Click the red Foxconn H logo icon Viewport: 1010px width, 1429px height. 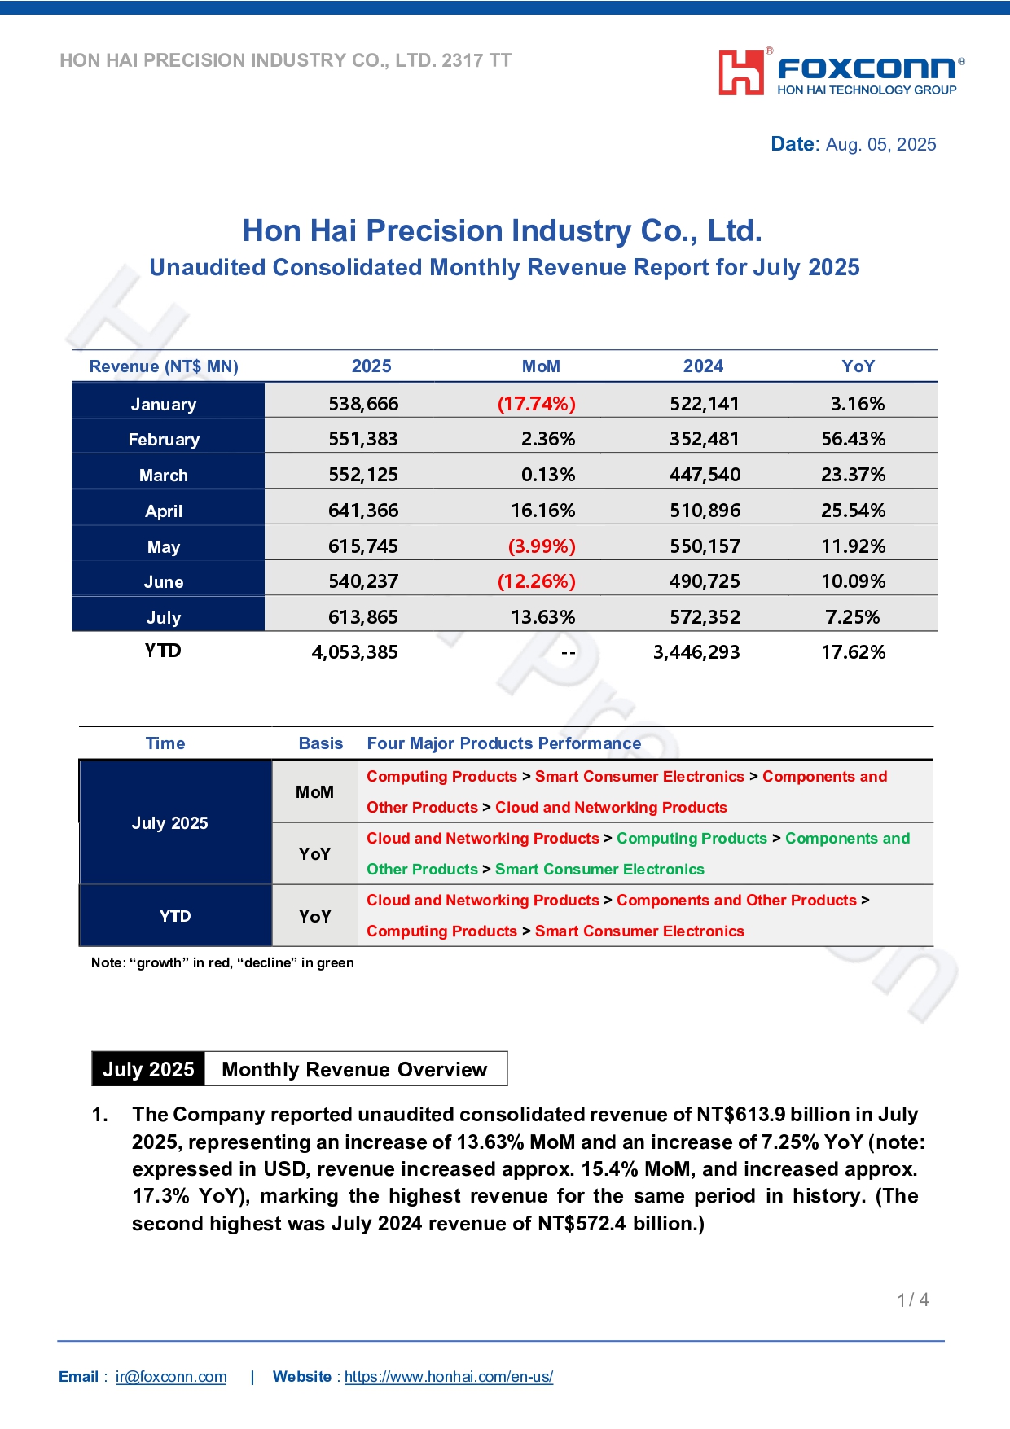(x=741, y=72)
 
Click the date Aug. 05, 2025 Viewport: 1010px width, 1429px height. (x=881, y=145)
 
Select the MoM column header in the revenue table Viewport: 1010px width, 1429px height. (x=541, y=366)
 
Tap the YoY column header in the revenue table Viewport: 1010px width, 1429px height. (x=858, y=366)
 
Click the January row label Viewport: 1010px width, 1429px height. (x=164, y=405)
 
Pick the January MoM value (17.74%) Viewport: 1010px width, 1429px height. (x=537, y=404)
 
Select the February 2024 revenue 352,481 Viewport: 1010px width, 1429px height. (x=705, y=439)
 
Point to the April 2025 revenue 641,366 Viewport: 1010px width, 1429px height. (x=363, y=511)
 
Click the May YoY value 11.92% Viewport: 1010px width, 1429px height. (x=853, y=546)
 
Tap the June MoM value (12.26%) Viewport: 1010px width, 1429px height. (x=537, y=581)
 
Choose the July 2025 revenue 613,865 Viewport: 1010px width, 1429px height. (x=363, y=617)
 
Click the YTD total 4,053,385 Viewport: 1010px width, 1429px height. (x=355, y=652)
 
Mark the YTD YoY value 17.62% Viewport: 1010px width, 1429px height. (x=853, y=652)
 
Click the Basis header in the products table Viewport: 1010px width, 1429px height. (x=321, y=743)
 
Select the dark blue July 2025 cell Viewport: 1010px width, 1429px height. (x=176, y=822)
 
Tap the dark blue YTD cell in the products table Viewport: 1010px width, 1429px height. (x=176, y=915)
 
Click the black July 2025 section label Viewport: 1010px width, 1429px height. (x=148, y=1069)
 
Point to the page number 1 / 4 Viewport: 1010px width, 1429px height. (x=913, y=1300)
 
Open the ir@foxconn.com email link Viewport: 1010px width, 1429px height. (x=171, y=1377)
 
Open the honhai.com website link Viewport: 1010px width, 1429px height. (x=449, y=1377)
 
